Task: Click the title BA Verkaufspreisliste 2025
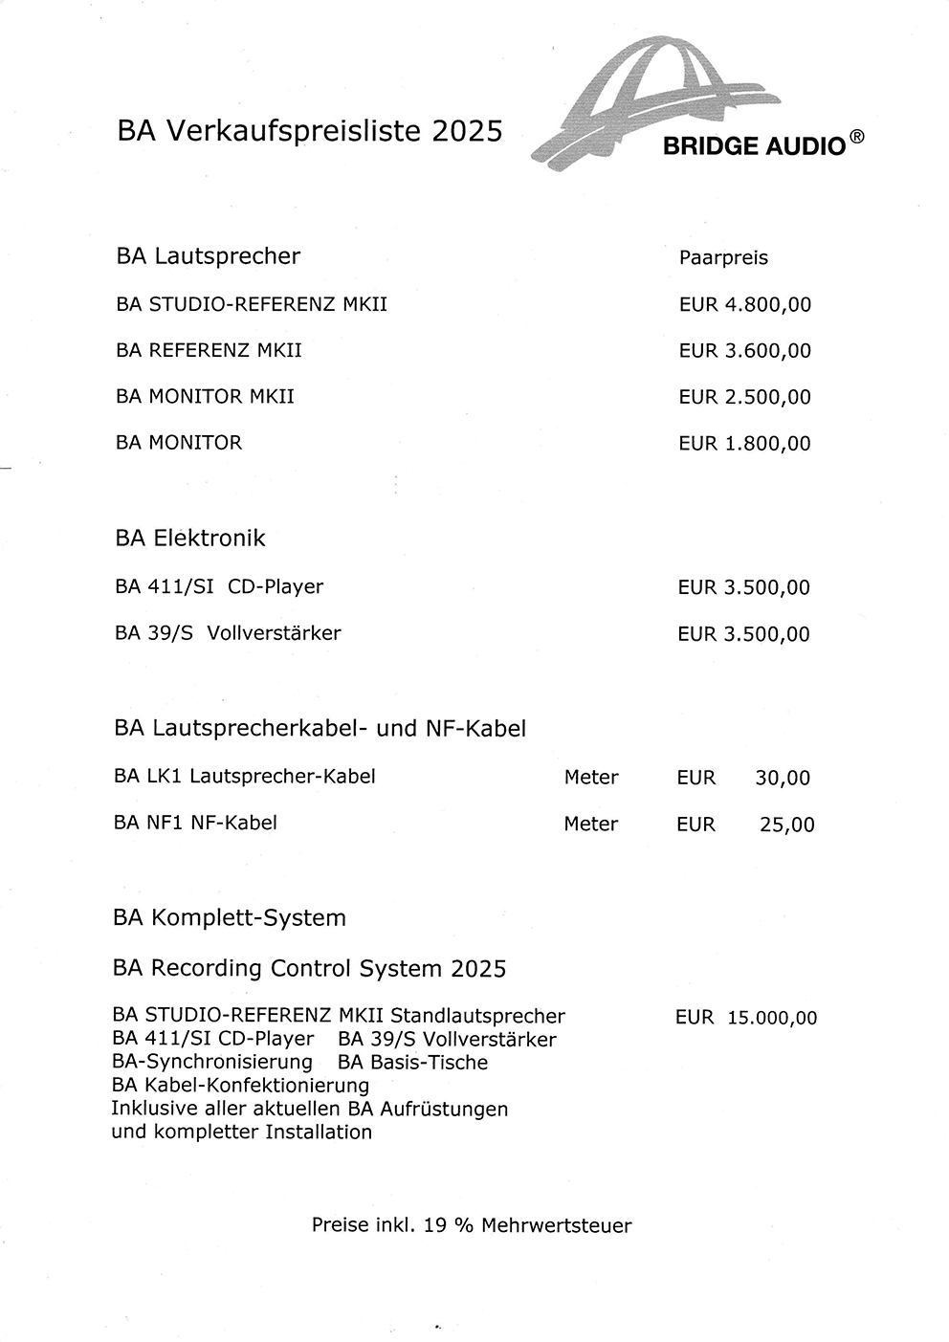[309, 131]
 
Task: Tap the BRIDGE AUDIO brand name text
[754, 146]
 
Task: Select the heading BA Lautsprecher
[208, 256]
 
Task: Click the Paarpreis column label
[723, 258]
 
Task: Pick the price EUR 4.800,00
[744, 305]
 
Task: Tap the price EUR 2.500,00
[744, 397]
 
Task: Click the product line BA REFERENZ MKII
[209, 350]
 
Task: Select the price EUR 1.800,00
[744, 443]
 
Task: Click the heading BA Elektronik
[189, 539]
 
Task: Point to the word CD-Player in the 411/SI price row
[276, 586]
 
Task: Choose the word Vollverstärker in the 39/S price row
[274, 633]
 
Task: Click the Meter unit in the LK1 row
[591, 778]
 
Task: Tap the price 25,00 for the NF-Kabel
[786, 825]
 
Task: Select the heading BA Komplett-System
[229, 918]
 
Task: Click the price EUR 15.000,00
[746, 1018]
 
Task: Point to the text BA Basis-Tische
[412, 1063]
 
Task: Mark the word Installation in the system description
[319, 1133]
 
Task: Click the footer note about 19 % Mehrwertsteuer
[472, 1225]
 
